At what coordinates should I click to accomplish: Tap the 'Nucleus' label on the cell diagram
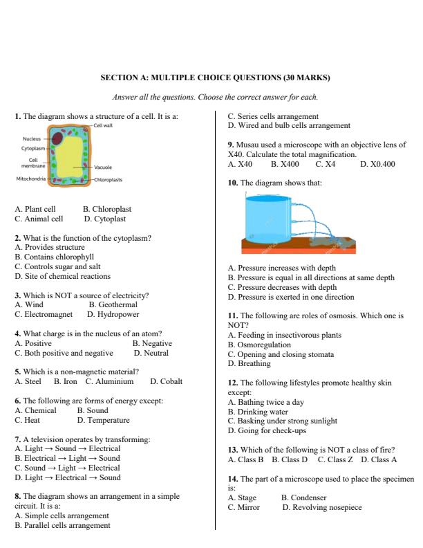pyautogui.click(x=32, y=138)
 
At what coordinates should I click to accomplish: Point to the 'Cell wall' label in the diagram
pyautogui.click(x=103, y=126)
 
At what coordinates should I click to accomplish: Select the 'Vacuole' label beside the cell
pyautogui.click(x=104, y=167)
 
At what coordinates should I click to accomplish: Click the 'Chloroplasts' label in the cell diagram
pyautogui.click(x=108, y=179)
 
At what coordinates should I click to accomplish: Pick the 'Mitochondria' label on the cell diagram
pyautogui.click(x=31, y=179)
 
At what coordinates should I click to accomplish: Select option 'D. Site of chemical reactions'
pyautogui.click(x=62, y=276)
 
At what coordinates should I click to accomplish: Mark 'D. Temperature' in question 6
pyautogui.click(x=103, y=420)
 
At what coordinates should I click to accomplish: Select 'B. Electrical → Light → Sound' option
pyautogui.click(x=67, y=458)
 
